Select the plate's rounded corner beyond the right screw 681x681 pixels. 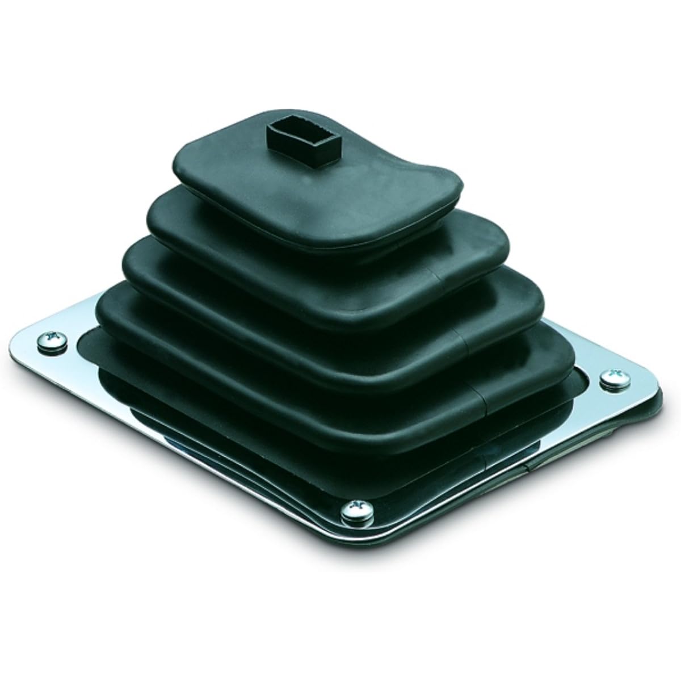point(653,392)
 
